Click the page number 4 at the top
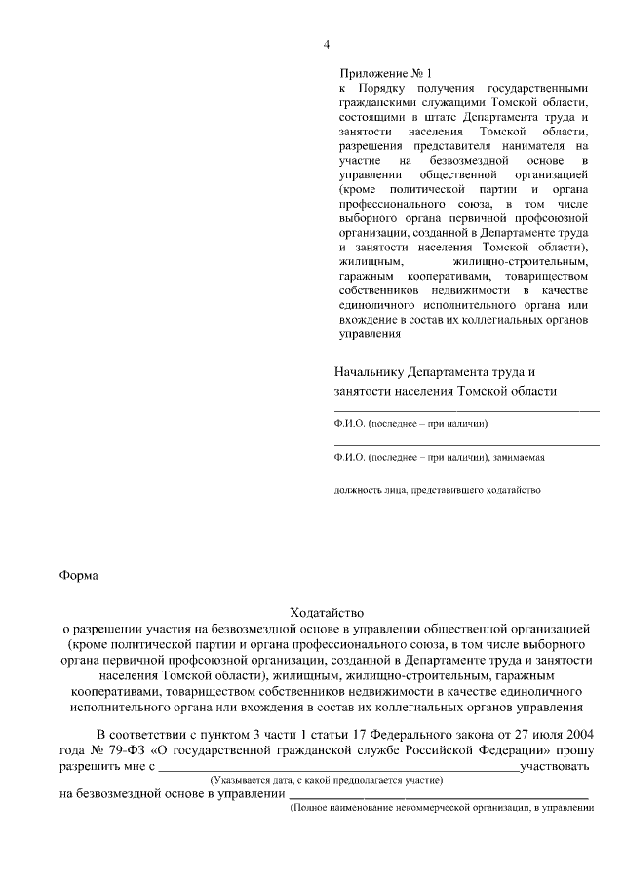pyautogui.click(x=327, y=45)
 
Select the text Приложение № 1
pyautogui.click(x=384, y=73)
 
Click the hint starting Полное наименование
pyautogui.click(x=442, y=809)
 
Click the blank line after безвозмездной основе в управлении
pyautogui.click(x=433, y=795)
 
